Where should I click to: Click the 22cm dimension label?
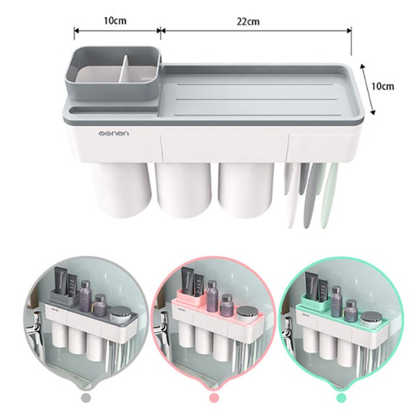click(248, 21)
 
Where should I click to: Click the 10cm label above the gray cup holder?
click(115, 20)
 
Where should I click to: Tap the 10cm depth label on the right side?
click(382, 86)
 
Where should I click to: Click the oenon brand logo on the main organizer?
click(113, 133)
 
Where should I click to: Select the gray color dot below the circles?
click(86, 398)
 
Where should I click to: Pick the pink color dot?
click(214, 398)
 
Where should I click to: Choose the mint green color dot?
click(341, 398)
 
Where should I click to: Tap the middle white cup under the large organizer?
click(183, 190)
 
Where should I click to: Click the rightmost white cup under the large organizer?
click(246, 190)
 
